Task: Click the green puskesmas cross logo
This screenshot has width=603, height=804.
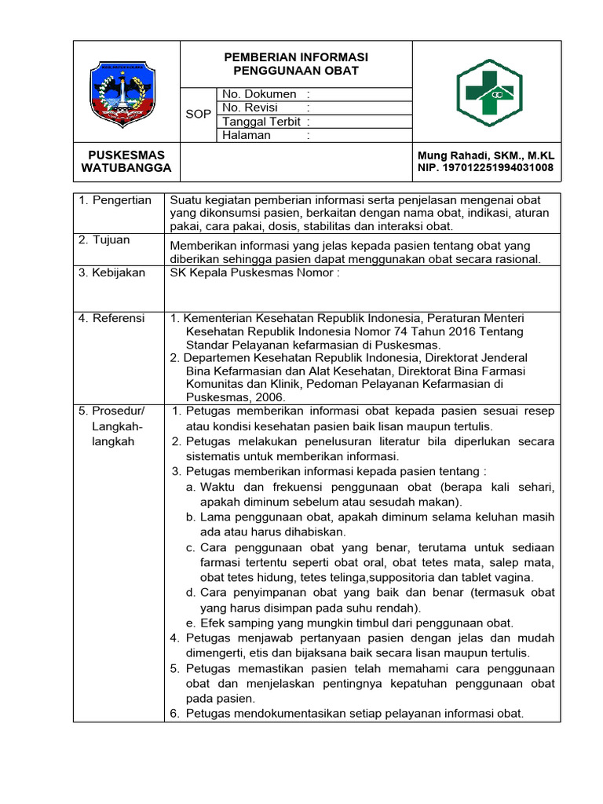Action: (x=488, y=93)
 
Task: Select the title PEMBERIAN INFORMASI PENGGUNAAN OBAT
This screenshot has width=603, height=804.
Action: (x=296, y=64)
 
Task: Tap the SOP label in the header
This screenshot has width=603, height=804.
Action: (x=198, y=114)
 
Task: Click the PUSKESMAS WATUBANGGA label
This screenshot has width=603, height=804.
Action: (x=126, y=161)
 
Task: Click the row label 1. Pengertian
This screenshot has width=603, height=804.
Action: (x=115, y=200)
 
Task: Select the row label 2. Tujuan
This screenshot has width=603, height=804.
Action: (x=104, y=239)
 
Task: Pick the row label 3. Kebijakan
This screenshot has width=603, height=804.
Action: (x=111, y=272)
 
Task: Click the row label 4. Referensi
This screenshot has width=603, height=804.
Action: (x=111, y=318)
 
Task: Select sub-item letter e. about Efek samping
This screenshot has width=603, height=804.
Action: (x=191, y=623)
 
